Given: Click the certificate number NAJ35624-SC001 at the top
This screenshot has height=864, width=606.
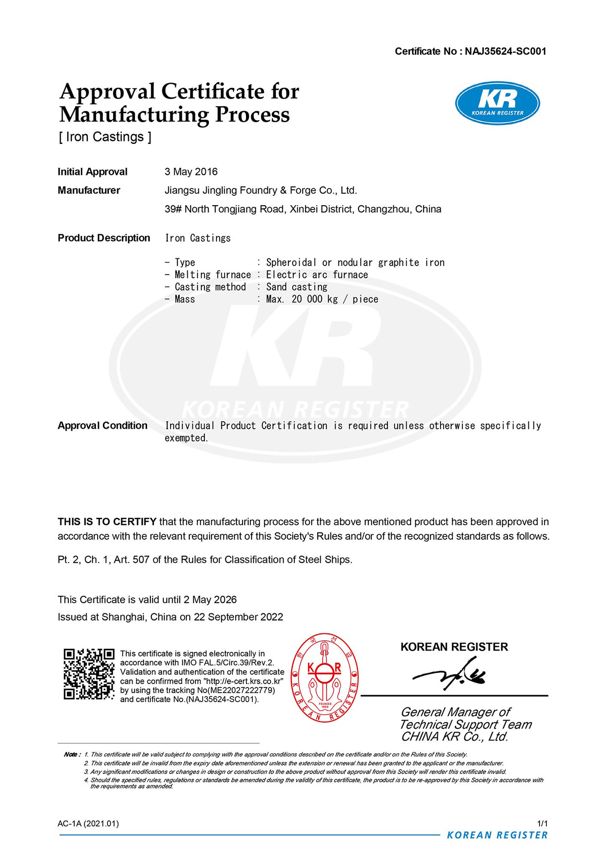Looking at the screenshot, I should pos(505,51).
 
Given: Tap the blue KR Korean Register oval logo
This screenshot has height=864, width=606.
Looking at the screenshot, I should pos(497,103).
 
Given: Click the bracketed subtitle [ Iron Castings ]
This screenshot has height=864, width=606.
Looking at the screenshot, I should pos(105,137).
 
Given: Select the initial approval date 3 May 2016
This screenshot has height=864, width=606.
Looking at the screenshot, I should pos(191,172).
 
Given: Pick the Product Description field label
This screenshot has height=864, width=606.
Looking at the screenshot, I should pos(104,238).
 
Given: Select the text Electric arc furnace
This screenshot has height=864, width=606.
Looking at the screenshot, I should pos(317,275).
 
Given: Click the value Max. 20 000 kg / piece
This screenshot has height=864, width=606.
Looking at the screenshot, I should pos(322,299).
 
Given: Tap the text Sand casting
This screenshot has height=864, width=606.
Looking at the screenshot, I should pos(297,287).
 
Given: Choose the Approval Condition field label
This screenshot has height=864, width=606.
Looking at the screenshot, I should pos(102,426).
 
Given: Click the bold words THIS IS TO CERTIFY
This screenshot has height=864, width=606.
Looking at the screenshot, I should pos(107,522).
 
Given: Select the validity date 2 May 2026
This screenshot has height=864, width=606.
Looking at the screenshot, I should pos(210,600).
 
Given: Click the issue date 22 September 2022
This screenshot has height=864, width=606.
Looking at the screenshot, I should pos(238,617).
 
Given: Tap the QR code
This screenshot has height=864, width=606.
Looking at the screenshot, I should pos(89,674).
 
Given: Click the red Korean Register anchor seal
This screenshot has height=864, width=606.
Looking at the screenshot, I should pos(325,677).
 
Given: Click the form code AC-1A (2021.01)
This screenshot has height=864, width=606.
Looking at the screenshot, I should pos(88,824).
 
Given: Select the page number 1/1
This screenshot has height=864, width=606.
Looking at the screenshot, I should pos(542,824).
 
